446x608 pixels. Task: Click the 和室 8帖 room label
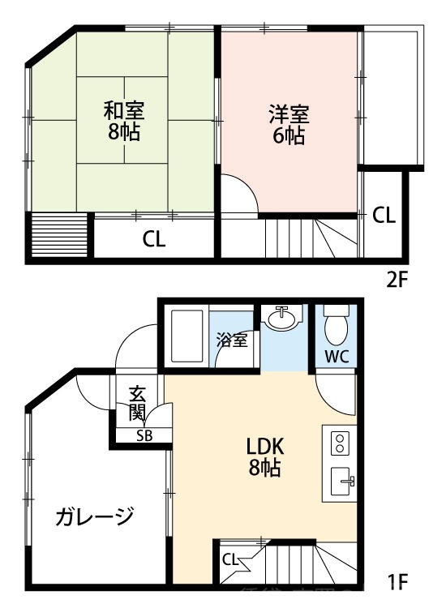coord(123,121)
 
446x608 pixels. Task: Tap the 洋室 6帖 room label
coord(289,125)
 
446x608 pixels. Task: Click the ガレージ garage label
coord(95,516)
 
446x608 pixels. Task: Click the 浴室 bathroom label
coord(232,340)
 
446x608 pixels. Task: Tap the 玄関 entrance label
coord(137,405)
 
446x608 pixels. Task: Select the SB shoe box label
coord(144,435)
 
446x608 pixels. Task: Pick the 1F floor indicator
coord(397,581)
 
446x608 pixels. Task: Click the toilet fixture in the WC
coord(335,326)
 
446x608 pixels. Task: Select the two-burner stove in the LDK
coord(339,443)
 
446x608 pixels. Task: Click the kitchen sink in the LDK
coord(341,485)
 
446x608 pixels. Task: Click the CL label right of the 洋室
coord(384,216)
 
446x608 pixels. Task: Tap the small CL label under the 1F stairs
coord(229,559)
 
